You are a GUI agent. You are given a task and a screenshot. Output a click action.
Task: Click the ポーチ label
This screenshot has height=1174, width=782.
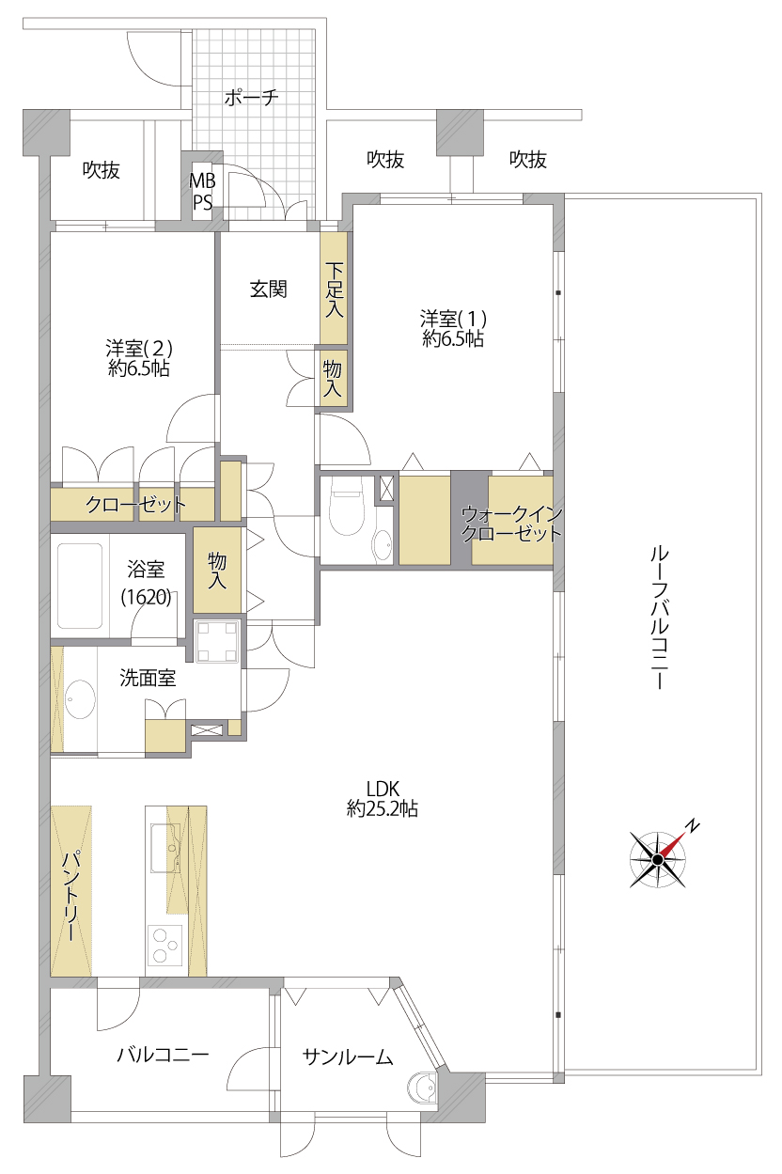[x=251, y=98]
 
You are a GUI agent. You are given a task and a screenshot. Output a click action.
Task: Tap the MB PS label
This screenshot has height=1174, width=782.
[x=202, y=192]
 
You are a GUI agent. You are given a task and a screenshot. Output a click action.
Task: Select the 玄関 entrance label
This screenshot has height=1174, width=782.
[x=268, y=290]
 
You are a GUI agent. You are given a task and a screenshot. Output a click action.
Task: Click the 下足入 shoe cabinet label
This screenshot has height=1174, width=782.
[x=334, y=290]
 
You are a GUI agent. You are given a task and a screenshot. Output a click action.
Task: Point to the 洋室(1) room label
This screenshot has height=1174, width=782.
[x=453, y=329]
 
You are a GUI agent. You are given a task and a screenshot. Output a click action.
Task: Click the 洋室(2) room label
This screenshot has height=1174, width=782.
[x=139, y=358]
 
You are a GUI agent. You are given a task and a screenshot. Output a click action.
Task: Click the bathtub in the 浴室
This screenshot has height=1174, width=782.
[x=80, y=586]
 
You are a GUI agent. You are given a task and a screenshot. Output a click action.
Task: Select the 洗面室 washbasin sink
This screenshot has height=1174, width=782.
[x=80, y=699]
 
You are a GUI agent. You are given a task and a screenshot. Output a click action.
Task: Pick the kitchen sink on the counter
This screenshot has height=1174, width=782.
[x=165, y=848]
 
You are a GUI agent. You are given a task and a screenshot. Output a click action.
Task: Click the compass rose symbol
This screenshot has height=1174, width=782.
[x=658, y=859]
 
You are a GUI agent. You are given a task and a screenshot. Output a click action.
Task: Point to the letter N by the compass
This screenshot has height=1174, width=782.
[x=693, y=826]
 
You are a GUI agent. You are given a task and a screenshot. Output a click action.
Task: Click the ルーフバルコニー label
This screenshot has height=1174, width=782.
[x=659, y=618]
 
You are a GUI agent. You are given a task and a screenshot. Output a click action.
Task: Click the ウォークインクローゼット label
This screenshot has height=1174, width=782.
[x=511, y=524]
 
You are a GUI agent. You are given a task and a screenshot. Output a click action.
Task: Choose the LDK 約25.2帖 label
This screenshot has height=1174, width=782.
[x=383, y=799]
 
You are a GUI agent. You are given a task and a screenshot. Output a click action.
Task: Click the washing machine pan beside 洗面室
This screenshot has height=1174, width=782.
[x=217, y=642]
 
